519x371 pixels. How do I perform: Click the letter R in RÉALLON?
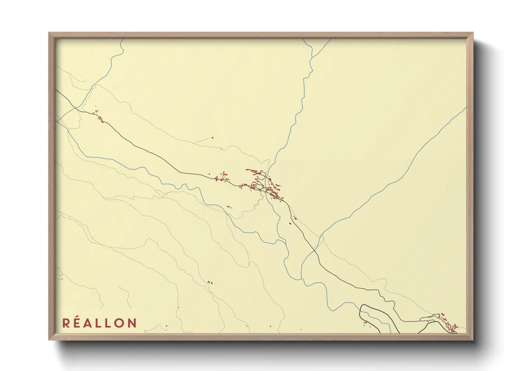tap(66, 323)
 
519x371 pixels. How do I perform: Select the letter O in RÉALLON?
tap(119, 323)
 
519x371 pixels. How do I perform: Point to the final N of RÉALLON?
tap(132, 323)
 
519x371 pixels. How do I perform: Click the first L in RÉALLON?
tap(99, 323)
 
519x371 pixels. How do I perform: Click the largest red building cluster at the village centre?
tap(274, 191)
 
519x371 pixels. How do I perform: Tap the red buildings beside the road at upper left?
tap(99, 116)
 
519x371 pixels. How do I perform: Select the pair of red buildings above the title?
tap(210, 282)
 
